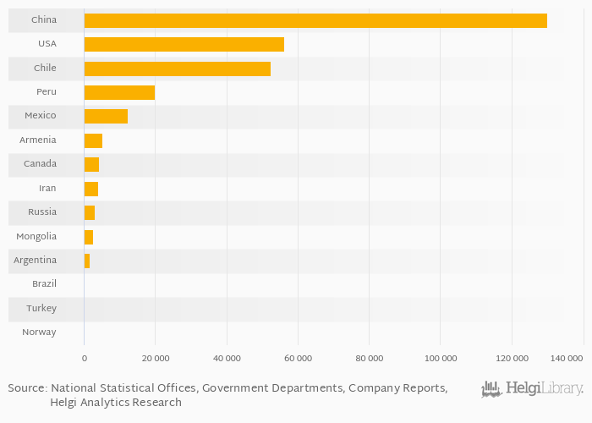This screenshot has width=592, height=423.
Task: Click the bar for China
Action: pyautogui.click(x=315, y=20)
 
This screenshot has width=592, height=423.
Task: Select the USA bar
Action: pyautogui.click(x=184, y=44)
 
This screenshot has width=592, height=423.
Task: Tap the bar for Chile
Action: pyautogui.click(x=178, y=69)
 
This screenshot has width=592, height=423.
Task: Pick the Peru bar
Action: pyautogui.click(x=119, y=92)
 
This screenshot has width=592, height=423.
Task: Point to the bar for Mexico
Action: pyautogui.click(x=106, y=116)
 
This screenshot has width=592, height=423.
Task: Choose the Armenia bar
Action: pyautogui.click(x=93, y=140)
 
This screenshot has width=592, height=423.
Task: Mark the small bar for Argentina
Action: pyautogui.click(x=87, y=261)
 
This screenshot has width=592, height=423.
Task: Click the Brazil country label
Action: pyautogui.click(x=44, y=284)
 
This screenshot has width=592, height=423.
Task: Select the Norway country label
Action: pyautogui.click(x=40, y=332)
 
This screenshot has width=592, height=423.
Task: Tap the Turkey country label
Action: pyautogui.click(x=41, y=309)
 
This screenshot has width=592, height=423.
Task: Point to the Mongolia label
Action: pyautogui.click(x=36, y=237)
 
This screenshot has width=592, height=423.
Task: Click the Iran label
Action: pyautogui.click(x=47, y=189)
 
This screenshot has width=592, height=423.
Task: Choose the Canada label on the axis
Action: pyautogui.click(x=41, y=164)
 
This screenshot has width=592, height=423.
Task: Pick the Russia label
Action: pyautogui.click(x=42, y=212)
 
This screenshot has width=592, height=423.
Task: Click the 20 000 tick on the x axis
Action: pyautogui.click(x=155, y=359)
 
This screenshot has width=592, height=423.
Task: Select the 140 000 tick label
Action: pyautogui.click(x=566, y=359)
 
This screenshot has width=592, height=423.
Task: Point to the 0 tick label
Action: pyautogui.click(x=85, y=359)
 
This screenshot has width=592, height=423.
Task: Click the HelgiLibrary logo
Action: pyautogui.click(x=532, y=389)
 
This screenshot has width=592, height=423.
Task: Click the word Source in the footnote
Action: pyautogui.click(x=27, y=388)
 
